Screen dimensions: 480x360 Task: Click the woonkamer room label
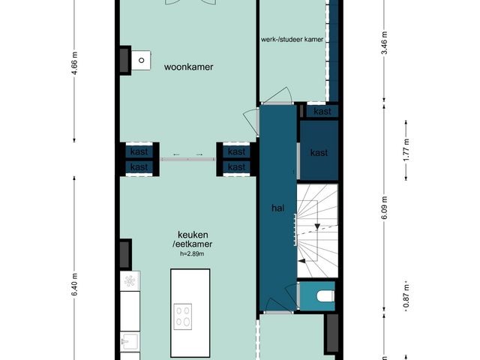188,67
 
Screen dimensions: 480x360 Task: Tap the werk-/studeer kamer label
292,40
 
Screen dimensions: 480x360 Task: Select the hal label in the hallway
277,208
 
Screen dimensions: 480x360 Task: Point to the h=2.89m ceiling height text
192,253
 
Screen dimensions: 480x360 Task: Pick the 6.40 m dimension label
74,284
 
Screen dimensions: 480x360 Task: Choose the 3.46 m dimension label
385,43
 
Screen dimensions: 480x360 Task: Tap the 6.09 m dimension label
385,207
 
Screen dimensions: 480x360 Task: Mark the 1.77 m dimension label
406,150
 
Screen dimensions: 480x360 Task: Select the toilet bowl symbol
325,296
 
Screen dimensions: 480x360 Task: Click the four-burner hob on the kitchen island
183,316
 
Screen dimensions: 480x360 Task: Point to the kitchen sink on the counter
130,341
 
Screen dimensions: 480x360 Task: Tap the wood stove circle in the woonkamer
142,60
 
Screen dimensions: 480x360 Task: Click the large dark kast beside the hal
319,150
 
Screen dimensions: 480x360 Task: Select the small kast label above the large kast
322,111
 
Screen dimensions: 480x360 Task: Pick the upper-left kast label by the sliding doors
139,151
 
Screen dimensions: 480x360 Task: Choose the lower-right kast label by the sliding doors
237,167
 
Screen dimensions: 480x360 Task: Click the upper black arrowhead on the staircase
317,226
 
